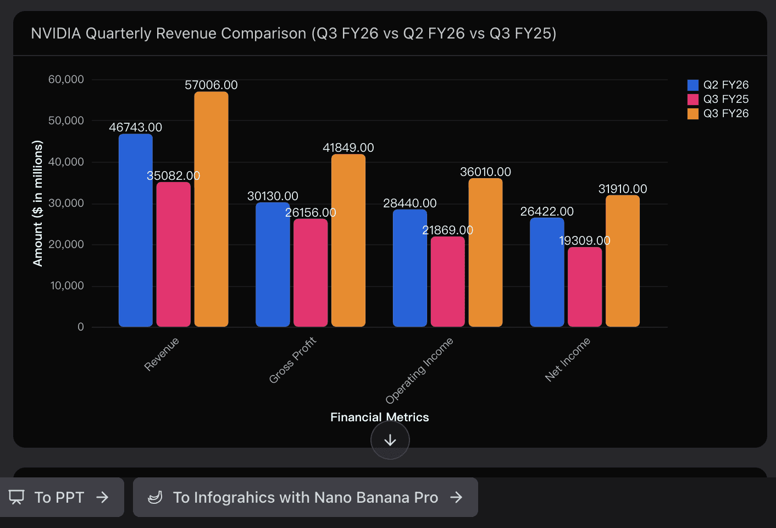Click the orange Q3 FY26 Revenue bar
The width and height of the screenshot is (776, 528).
[x=211, y=209]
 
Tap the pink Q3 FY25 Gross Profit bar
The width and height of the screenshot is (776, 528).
[x=311, y=272]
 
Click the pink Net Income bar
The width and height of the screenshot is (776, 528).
[x=585, y=287]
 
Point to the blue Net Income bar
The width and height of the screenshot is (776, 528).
[x=547, y=272]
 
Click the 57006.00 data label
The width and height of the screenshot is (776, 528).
[x=211, y=85]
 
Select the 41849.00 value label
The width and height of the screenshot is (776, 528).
[x=348, y=148]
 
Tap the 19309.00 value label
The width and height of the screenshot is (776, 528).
[x=585, y=241]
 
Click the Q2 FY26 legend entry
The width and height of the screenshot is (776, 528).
[x=718, y=85]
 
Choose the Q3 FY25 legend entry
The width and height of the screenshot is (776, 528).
[x=718, y=99]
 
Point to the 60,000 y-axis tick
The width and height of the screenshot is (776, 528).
[x=66, y=80]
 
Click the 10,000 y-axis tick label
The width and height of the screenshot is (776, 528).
[x=67, y=286]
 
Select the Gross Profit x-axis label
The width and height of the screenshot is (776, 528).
[x=292, y=360]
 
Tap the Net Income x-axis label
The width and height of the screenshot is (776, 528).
[x=567, y=359]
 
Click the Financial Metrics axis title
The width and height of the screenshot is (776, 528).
[x=379, y=417]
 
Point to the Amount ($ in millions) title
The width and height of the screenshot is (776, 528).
[x=37, y=204]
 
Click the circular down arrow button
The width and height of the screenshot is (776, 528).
[x=390, y=440]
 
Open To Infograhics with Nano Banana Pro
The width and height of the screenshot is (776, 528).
[x=306, y=497]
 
